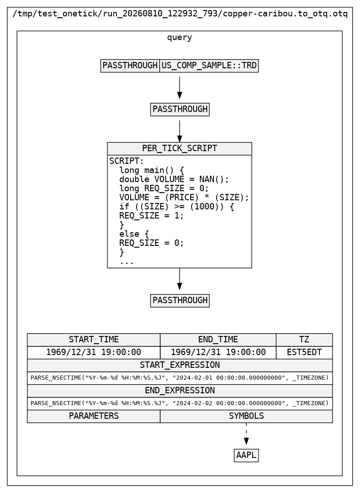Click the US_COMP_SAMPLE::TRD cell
pos(209,66)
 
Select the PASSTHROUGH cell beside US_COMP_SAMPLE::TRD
pos(130,66)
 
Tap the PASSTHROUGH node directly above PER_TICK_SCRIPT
pos(180,109)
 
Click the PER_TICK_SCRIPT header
pos(179,148)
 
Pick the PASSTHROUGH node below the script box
pos(180,300)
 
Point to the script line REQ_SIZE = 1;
pos(152,216)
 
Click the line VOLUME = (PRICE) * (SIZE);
pos(184,198)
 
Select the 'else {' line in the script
pos(134,234)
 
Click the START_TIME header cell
pos(94,340)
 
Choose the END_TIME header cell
pos(218,340)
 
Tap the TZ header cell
pos(304,340)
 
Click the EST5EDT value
pos(304,352)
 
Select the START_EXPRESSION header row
pos(180,366)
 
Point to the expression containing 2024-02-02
pos(180,403)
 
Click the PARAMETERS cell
pos(94,416)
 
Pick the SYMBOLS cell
pos(247,416)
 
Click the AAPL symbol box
pos(247,456)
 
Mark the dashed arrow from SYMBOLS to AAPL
pos(247,434)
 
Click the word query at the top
pos(179,38)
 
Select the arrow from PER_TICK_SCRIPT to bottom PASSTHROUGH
pos(179,279)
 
